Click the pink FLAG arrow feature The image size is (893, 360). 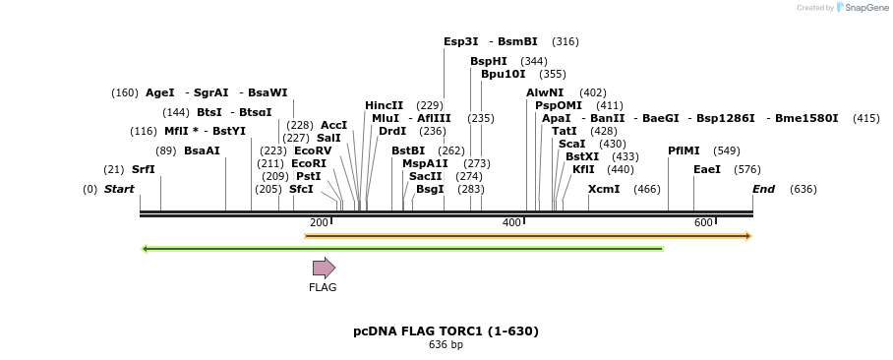[x=324, y=268]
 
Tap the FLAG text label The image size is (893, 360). [x=323, y=288]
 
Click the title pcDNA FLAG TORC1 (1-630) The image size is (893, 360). [x=446, y=331]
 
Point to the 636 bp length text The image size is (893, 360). [x=446, y=345]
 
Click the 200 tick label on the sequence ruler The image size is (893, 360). [x=319, y=223]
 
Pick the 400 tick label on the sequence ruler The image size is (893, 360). [x=511, y=223]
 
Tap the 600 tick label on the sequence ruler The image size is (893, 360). [x=703, y=223]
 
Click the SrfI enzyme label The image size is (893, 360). [x=144, y=169]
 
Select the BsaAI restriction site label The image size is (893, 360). [x=202, y=150]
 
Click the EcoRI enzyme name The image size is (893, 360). [x=309, y=163]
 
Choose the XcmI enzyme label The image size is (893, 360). [x=604, y=189]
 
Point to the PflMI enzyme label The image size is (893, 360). [x=684, y=150]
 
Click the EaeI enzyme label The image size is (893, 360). [x=707, y=169]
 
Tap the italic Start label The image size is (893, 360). [x=119, y=189]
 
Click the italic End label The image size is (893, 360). [x=763, y=189]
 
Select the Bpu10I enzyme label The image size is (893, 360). [x=503, y=74]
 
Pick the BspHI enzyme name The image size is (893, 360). [x=488, y=61]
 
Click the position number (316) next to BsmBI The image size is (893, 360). [x=565, y=41]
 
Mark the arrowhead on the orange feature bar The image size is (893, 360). [x=747, y=236]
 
